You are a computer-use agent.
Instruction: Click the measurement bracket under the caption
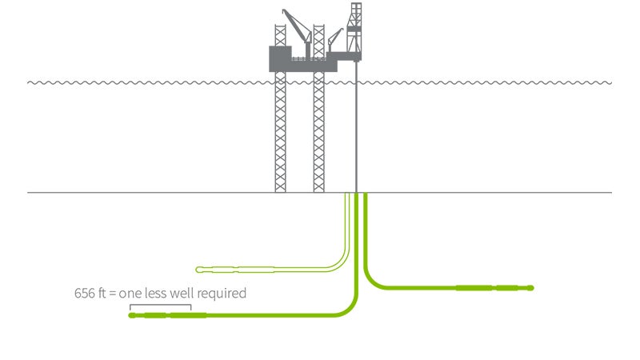(161, 306)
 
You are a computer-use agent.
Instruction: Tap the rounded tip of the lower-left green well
(131, 315)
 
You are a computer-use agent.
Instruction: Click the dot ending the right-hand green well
(530, 287)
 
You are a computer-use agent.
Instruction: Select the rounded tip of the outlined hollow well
(199, 269)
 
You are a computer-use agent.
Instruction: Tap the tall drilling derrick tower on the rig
(354, 28)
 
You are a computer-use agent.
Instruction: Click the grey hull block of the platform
(288, 58)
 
